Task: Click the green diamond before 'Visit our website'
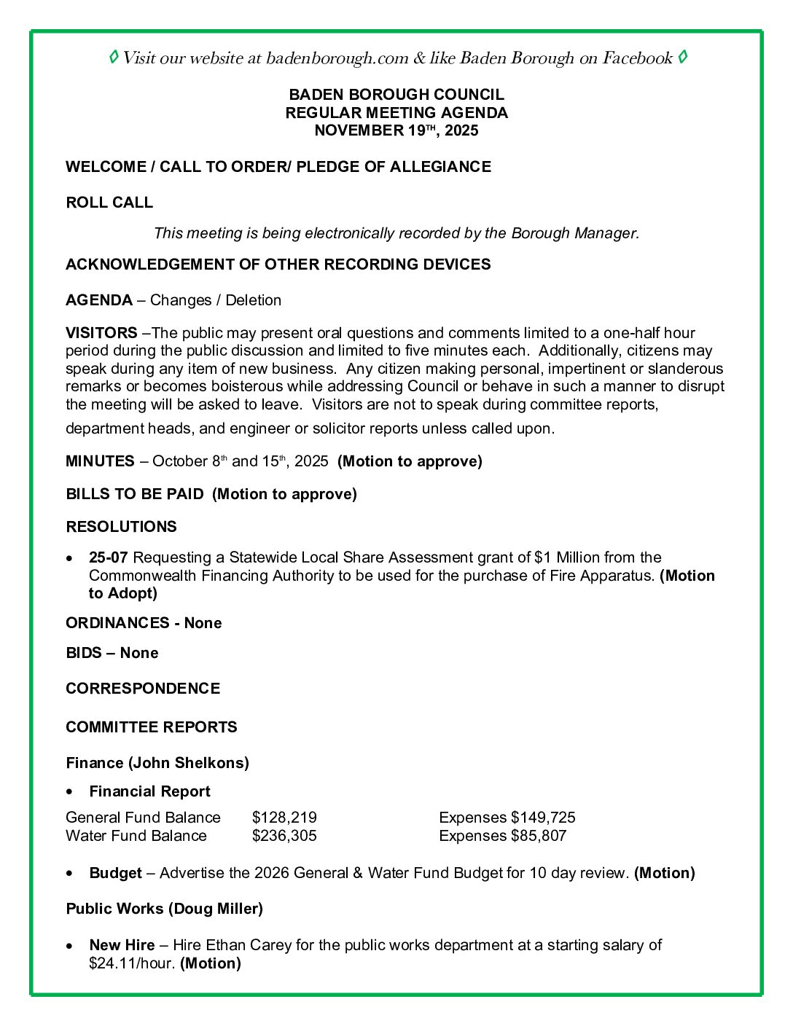[114, 57]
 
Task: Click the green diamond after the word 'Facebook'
[682, 57]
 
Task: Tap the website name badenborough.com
[337, 58]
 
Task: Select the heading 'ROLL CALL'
[109, 203]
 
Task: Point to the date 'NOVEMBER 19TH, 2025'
[396, 130]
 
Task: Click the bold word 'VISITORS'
[101, 333]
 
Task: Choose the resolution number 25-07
[109, 557]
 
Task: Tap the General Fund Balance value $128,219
[284, 818]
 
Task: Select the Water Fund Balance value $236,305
[284, 836]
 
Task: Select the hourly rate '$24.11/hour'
[132, 963]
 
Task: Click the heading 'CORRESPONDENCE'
[143, 689]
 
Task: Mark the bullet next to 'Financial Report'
[70, 791]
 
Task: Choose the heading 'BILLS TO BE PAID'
[135, 494]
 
